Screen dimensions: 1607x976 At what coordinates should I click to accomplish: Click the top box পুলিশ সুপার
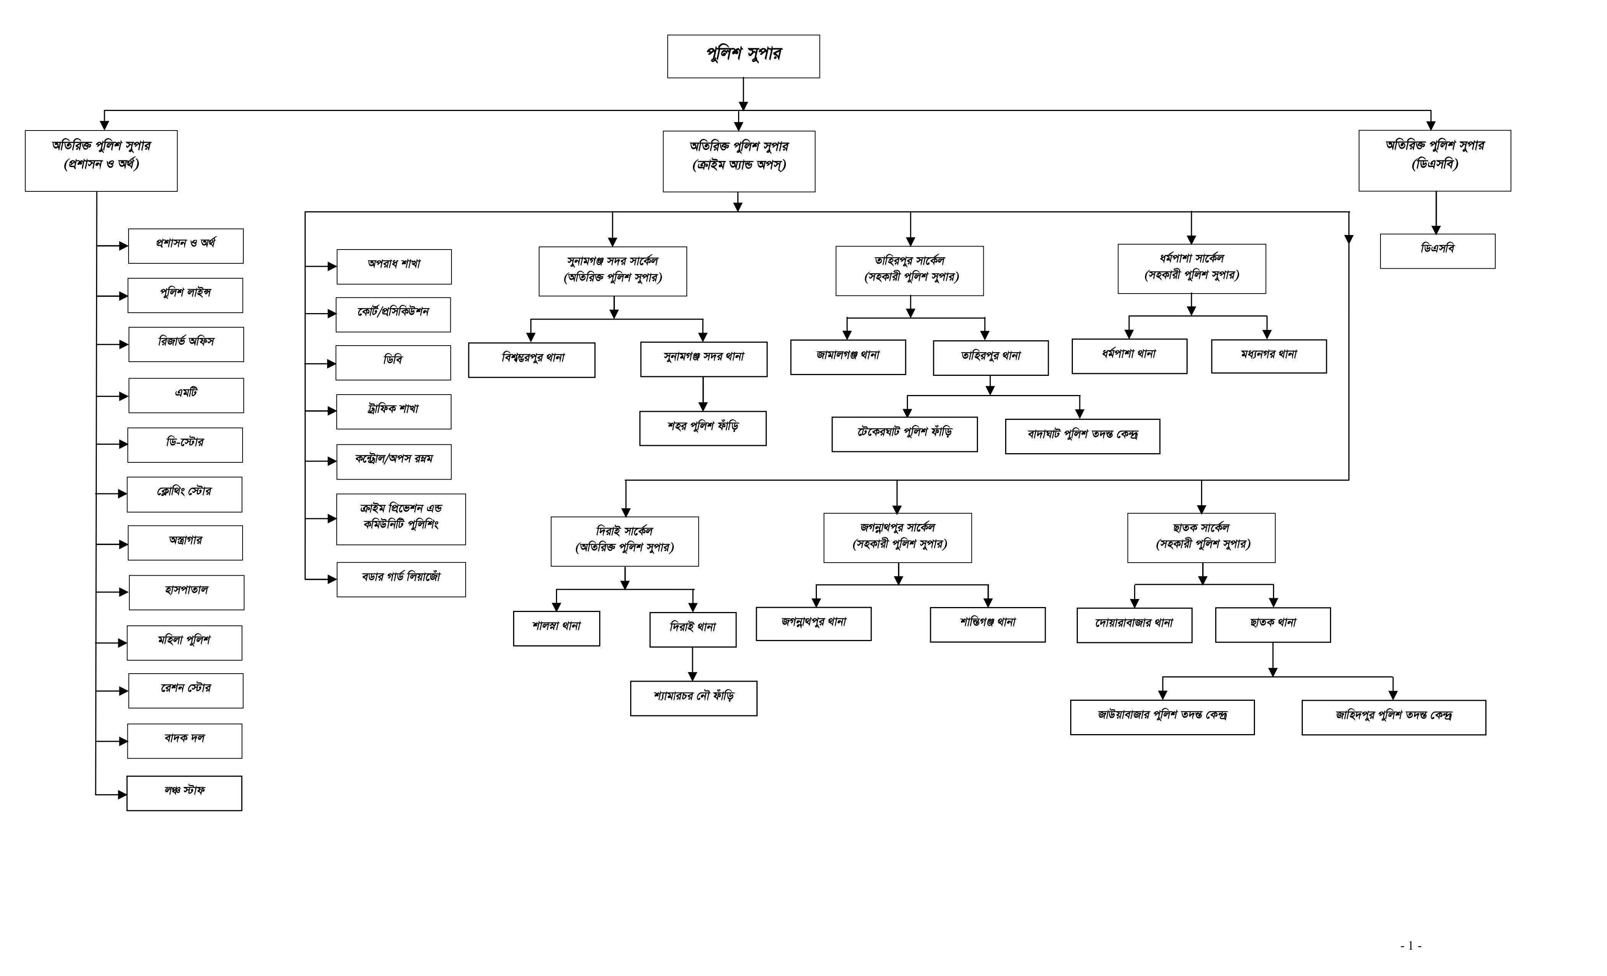[743, 56]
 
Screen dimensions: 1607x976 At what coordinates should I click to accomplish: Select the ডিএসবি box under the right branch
[1437, 251]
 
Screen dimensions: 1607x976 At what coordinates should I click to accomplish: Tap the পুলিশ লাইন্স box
[185, 295]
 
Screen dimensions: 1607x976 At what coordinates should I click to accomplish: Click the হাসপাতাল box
[187, 592]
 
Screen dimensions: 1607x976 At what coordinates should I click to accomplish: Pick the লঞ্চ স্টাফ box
[184, 793]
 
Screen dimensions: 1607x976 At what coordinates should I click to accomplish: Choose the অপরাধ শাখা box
[394, 267]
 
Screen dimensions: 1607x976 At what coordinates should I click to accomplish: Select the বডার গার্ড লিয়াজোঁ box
[401, 579]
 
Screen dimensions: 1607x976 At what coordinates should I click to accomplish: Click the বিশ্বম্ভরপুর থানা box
[531, 360]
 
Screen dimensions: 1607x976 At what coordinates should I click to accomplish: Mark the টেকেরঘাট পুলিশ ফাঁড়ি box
[905, 434]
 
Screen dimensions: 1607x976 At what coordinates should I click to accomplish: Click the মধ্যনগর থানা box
[1269, 356]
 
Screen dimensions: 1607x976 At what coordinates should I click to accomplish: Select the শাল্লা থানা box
[556, 628]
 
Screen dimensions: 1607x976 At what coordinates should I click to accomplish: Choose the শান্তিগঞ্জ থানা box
[988, 625]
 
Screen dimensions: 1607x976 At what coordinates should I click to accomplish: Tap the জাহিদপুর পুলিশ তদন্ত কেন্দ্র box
[1394, 718]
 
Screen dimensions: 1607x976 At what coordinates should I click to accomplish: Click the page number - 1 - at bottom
[1411, 945]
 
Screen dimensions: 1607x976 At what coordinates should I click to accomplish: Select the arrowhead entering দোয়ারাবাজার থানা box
[1135, 604]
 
